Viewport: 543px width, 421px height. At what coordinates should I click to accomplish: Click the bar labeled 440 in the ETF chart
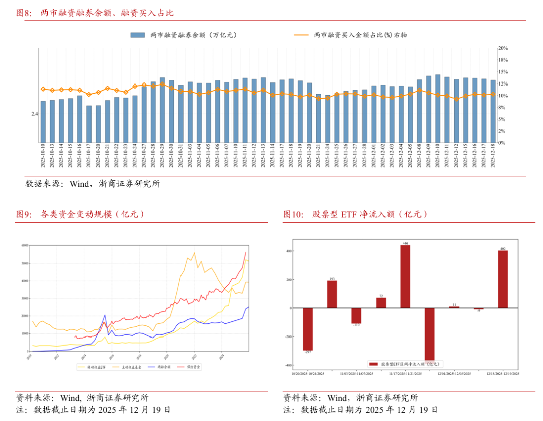click(405, 276)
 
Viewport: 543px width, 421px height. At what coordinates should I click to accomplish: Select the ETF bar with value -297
click(308, 329)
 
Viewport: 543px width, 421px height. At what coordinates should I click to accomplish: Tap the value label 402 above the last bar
click(503, 248)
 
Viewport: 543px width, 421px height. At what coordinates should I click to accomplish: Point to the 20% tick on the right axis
click(503, 48)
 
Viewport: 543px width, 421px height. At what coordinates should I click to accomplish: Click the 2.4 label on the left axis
click(34, 114)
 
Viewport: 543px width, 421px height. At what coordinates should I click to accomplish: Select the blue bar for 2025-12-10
click(438, 109)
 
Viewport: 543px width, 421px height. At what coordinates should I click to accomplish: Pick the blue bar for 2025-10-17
click(89, 124)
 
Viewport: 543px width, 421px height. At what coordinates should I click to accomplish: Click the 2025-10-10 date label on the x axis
click(43, 156)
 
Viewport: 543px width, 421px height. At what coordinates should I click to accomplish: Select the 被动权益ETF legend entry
click(96, 367)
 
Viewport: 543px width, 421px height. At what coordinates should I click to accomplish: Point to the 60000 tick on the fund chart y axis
click(25, 245)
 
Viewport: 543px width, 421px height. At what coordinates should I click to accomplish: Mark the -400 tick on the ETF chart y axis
click(289, 365)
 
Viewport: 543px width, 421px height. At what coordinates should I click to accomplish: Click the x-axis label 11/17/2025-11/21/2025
click(405, 374)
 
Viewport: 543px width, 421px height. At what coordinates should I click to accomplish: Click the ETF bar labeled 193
click(332, 294)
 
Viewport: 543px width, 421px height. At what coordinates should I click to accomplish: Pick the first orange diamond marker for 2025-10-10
click(43, 89)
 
